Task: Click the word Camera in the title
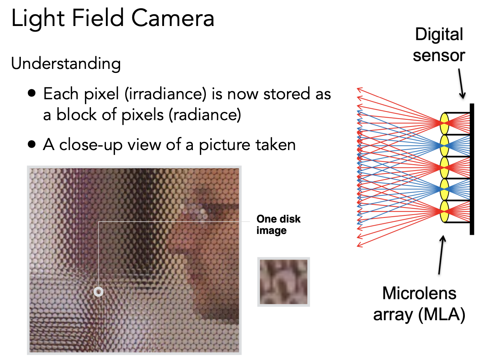coord(173,18)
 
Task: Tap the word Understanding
coord(66,64)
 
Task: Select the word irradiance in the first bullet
coord(166,94)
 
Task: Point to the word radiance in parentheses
coord(205,115)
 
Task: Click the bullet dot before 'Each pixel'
coord(32,93)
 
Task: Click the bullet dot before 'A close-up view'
coord(32,145)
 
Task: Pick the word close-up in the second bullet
coord(91,145)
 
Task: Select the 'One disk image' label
coord(278,225)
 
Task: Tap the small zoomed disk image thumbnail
coord(283,282)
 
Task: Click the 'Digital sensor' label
coord(439,45)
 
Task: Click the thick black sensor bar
coord(472,169)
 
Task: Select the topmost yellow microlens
coord(444,124)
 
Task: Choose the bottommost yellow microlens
coord(444,212)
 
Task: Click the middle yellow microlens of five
coord(444,167)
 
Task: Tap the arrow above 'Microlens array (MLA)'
coord(442,255)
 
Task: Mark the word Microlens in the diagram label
coord(419,293)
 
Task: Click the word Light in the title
coord(38,19)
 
